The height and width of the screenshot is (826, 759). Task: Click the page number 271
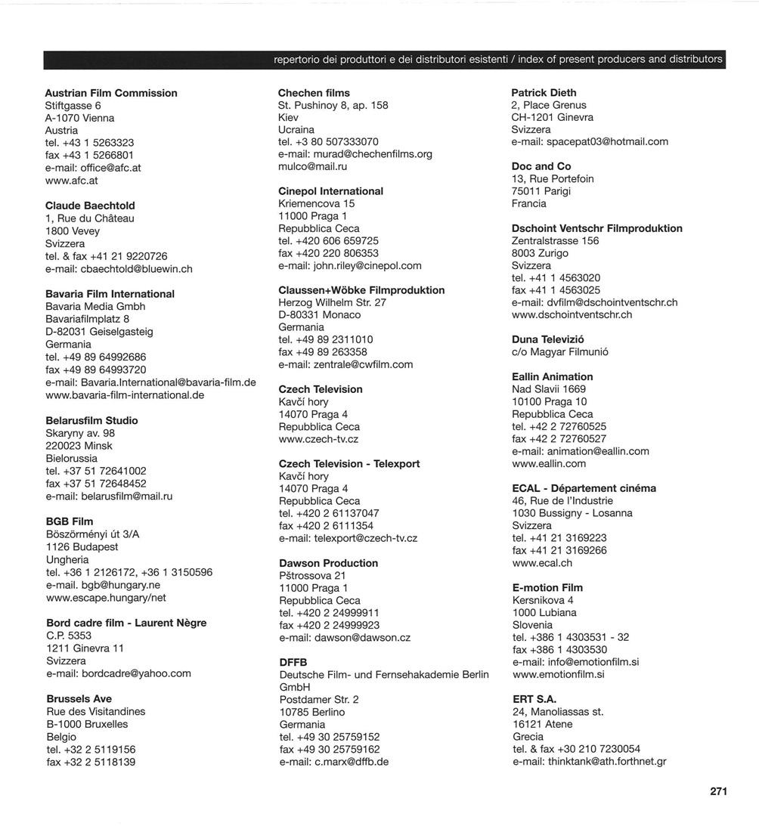pos(718,791)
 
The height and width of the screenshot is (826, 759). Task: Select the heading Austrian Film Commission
pos(111,93)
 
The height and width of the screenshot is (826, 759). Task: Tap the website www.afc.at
pos(72,181)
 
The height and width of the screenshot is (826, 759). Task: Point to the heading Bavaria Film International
pos(110,294)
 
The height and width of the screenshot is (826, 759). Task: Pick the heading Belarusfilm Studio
pos(91,420)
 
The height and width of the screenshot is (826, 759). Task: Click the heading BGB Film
pos(70,521)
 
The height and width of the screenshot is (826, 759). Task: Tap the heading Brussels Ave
pos(79,699)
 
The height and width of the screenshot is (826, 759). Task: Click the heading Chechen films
pos(314,93)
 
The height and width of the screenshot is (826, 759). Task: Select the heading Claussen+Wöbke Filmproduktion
pos(361,290)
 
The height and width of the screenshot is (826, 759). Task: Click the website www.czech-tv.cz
pos(318,439)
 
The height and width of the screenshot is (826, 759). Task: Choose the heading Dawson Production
pos(328,563)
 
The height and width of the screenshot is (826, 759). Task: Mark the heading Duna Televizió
pos(547,339)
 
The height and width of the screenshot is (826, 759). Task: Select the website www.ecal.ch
pos(542,563)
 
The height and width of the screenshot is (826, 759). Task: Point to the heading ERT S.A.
pos(534,700)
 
